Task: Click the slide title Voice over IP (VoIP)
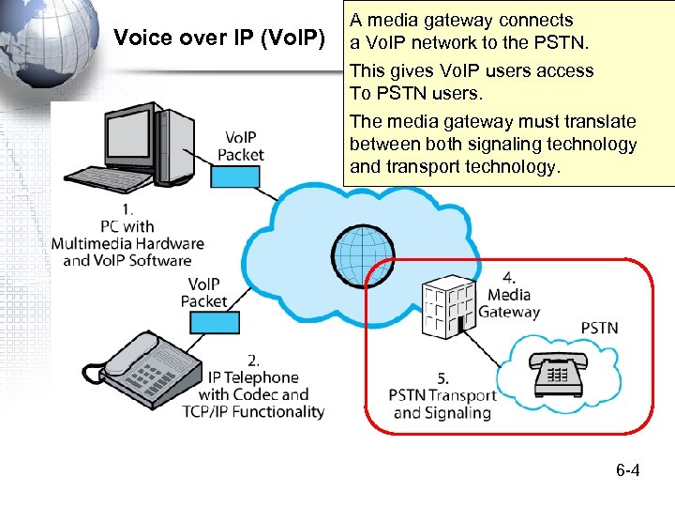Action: point(218,38)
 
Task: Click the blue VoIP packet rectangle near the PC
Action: point(234,177)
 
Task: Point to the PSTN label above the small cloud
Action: point(600,328)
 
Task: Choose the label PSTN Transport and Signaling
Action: point(442,404)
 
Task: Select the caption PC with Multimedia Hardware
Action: point(127,243)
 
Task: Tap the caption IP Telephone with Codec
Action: point(253,385)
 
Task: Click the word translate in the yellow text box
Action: point(600,122)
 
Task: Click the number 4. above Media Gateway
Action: point(508,278)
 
